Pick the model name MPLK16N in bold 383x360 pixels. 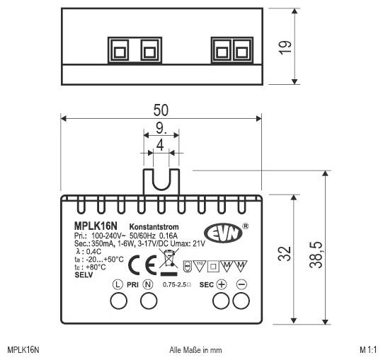pos(95,225)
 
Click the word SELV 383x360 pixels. pos(84,274)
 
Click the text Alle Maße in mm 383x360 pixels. pos(196,349)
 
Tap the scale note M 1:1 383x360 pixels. pos(368,349)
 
